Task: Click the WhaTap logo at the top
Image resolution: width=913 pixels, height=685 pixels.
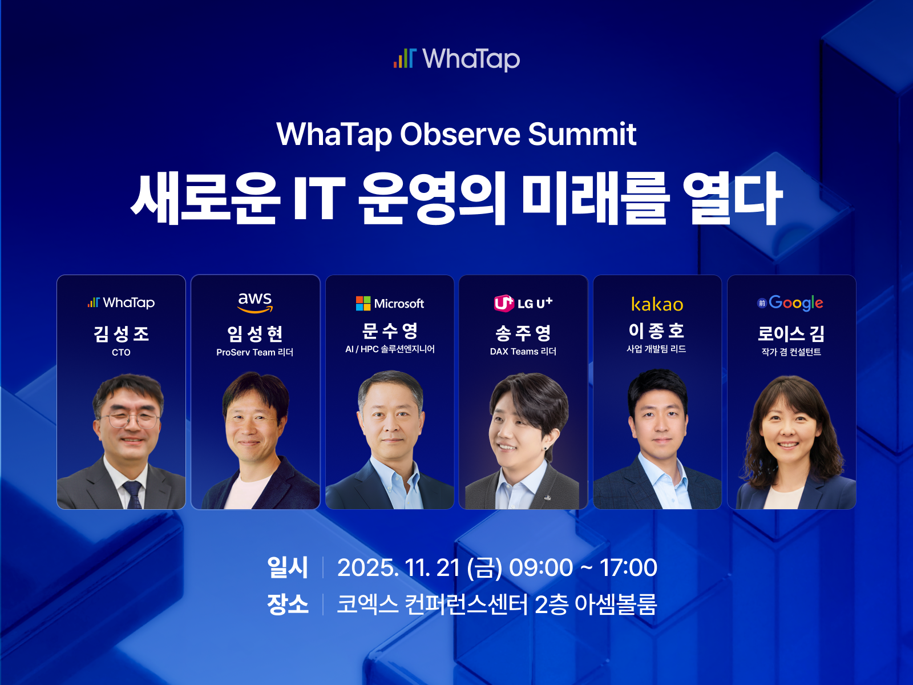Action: [457, 59]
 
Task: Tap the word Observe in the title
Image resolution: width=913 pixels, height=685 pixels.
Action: [460, 134]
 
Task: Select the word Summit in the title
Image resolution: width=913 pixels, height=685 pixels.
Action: [583, 134]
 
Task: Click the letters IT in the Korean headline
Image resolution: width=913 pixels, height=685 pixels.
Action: [319, 198]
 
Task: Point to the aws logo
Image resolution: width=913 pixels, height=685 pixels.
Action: [255, 303]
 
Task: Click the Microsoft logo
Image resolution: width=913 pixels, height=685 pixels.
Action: [390, 303]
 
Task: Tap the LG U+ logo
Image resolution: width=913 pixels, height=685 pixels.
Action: [523, 303]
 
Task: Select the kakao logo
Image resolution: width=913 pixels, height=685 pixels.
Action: [657, 304]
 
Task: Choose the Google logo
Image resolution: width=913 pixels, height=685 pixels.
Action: [790, 303]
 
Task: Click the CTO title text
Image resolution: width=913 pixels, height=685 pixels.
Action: [121, 352]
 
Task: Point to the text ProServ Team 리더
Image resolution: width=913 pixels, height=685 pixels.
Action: [254, 352]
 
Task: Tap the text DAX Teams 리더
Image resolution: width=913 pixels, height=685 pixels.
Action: [523, 352]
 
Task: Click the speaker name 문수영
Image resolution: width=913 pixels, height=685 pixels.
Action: [390, 331]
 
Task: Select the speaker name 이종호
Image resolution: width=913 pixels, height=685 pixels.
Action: [657, 331]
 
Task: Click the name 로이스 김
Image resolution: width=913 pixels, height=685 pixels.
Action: [791, 333]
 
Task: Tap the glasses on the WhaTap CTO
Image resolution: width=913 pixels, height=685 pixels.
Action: [130, 419]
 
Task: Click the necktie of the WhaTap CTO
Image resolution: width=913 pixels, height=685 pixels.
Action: [133, 494]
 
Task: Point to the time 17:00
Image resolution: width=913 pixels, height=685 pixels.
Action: [628, 567]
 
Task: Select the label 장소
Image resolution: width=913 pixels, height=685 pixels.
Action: [288, 605]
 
